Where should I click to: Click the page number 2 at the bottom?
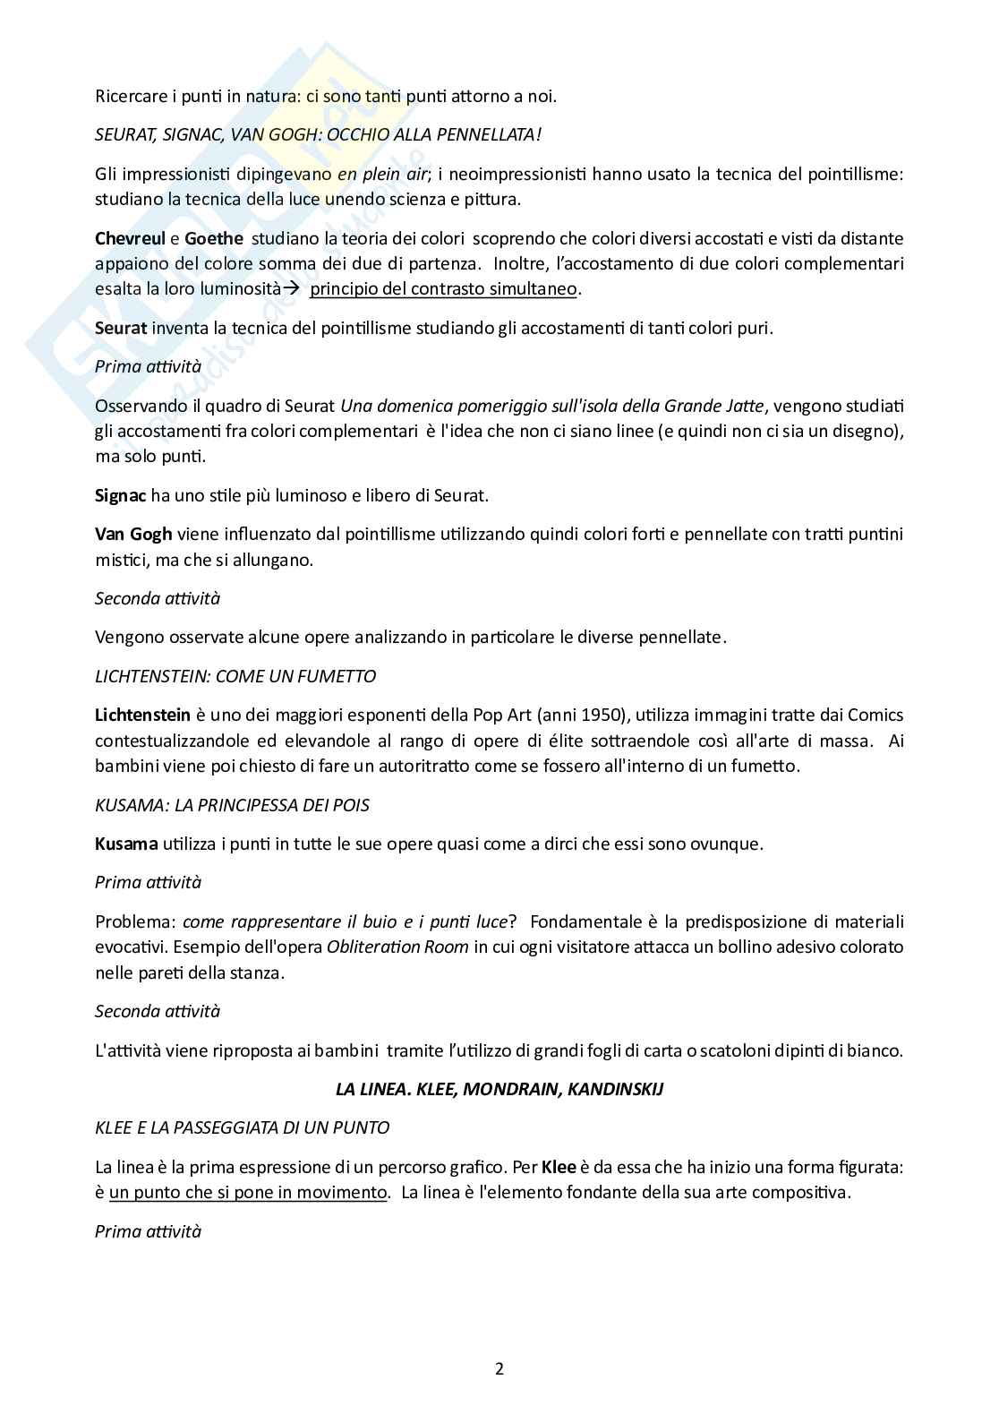[499, 1368]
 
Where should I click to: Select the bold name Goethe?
[213, 238]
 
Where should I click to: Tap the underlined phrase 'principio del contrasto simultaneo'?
[445, 288]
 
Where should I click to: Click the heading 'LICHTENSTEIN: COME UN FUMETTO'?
[235, 676]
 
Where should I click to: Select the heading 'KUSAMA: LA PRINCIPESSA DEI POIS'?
[232, 805]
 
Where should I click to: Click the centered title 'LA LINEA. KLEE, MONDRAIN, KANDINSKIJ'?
[499, 1089]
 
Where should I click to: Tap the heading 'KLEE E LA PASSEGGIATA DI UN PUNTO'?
[242, 1127]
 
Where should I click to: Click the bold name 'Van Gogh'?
[133, 535]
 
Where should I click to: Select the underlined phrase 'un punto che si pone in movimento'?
[248, 1192]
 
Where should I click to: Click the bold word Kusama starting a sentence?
[126, 844]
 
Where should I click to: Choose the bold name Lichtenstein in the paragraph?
[142, 715]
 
